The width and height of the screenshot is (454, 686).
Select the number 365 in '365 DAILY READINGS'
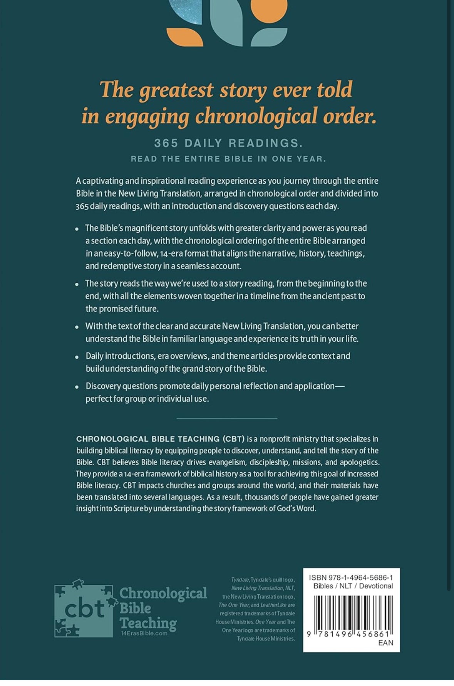coord(166,143)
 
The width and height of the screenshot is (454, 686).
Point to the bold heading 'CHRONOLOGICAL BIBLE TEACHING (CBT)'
coord(160,439)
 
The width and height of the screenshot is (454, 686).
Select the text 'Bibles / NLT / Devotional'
coord(353,586)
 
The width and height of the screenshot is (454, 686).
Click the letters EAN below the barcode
coord(385,642)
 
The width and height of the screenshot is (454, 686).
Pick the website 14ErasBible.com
coord(144,633)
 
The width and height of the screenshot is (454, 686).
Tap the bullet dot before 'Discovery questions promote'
coord(77,387)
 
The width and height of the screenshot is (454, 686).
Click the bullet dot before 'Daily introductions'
coord(77,357)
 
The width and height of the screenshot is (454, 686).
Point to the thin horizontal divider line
coord(227,418)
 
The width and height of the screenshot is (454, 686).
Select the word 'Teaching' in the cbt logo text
coord(148,622)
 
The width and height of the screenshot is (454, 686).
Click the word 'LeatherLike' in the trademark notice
coord(273,605)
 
